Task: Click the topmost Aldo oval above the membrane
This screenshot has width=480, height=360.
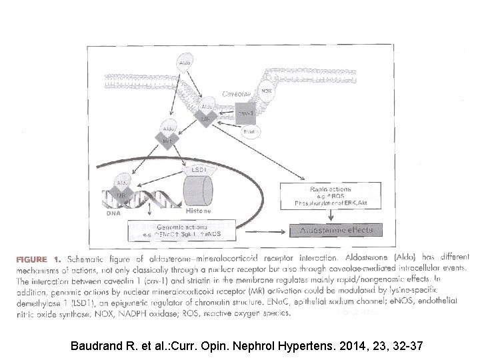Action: (x=185, y=63)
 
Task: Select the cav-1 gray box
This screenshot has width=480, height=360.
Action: (x=244, y=113)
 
